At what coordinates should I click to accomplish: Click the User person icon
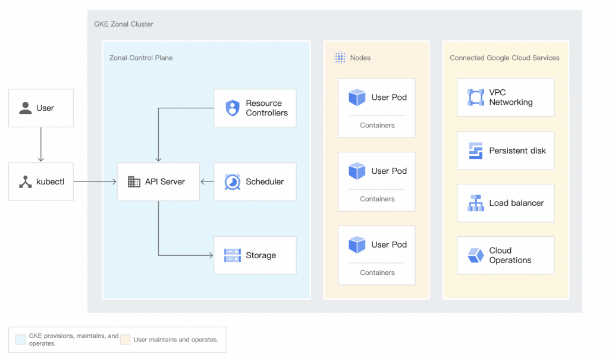[25, 108]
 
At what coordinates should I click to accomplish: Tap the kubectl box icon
[25, 181]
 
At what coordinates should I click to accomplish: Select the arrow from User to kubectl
[41, 144]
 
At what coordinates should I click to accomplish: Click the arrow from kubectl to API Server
[95, 181]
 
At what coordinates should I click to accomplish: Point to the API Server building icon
[134, 181]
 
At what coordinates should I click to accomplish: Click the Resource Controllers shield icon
[233, 108]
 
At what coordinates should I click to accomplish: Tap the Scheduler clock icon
[233, 181]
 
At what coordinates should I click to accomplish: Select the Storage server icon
[233, 255]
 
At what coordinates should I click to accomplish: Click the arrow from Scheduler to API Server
[207, 181]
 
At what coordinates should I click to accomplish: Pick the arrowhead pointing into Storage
[211, 255]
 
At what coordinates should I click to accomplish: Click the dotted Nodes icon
[340, 58]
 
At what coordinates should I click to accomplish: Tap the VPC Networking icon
[476, 97]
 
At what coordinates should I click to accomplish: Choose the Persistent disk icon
[476, 151]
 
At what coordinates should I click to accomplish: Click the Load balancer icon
[476, 203]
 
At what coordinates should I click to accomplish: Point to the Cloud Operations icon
[476, 255]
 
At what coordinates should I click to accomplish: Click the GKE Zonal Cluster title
[124, 24]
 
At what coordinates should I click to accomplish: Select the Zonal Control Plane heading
[140, 58]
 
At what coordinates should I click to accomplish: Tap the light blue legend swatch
[20, 339]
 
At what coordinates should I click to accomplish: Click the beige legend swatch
[125, 339]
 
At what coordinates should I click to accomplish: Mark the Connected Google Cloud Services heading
[504, 58]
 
